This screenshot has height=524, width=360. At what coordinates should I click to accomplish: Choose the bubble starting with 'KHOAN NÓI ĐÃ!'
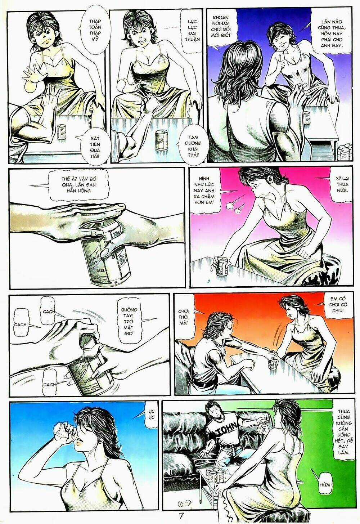click(220, 27)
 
